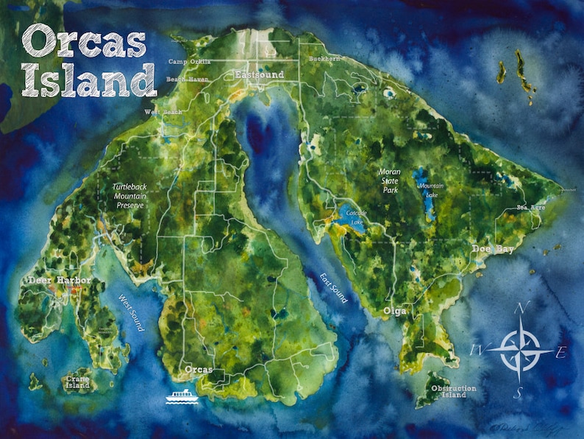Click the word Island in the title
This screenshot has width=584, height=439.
(x=89, y=80)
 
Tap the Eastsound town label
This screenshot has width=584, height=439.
(x=259, y=75)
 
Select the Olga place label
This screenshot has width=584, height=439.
(x=394, y=312)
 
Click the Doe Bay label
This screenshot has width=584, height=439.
(x=493, y=250)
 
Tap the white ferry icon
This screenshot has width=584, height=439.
(x=179, y=396)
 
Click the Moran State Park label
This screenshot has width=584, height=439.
(x=389, y=181)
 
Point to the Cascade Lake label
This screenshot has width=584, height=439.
(x=357, y=217)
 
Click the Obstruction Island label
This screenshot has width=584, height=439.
(x=453, y=392)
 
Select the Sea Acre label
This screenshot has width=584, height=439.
(x=530, y=208)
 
